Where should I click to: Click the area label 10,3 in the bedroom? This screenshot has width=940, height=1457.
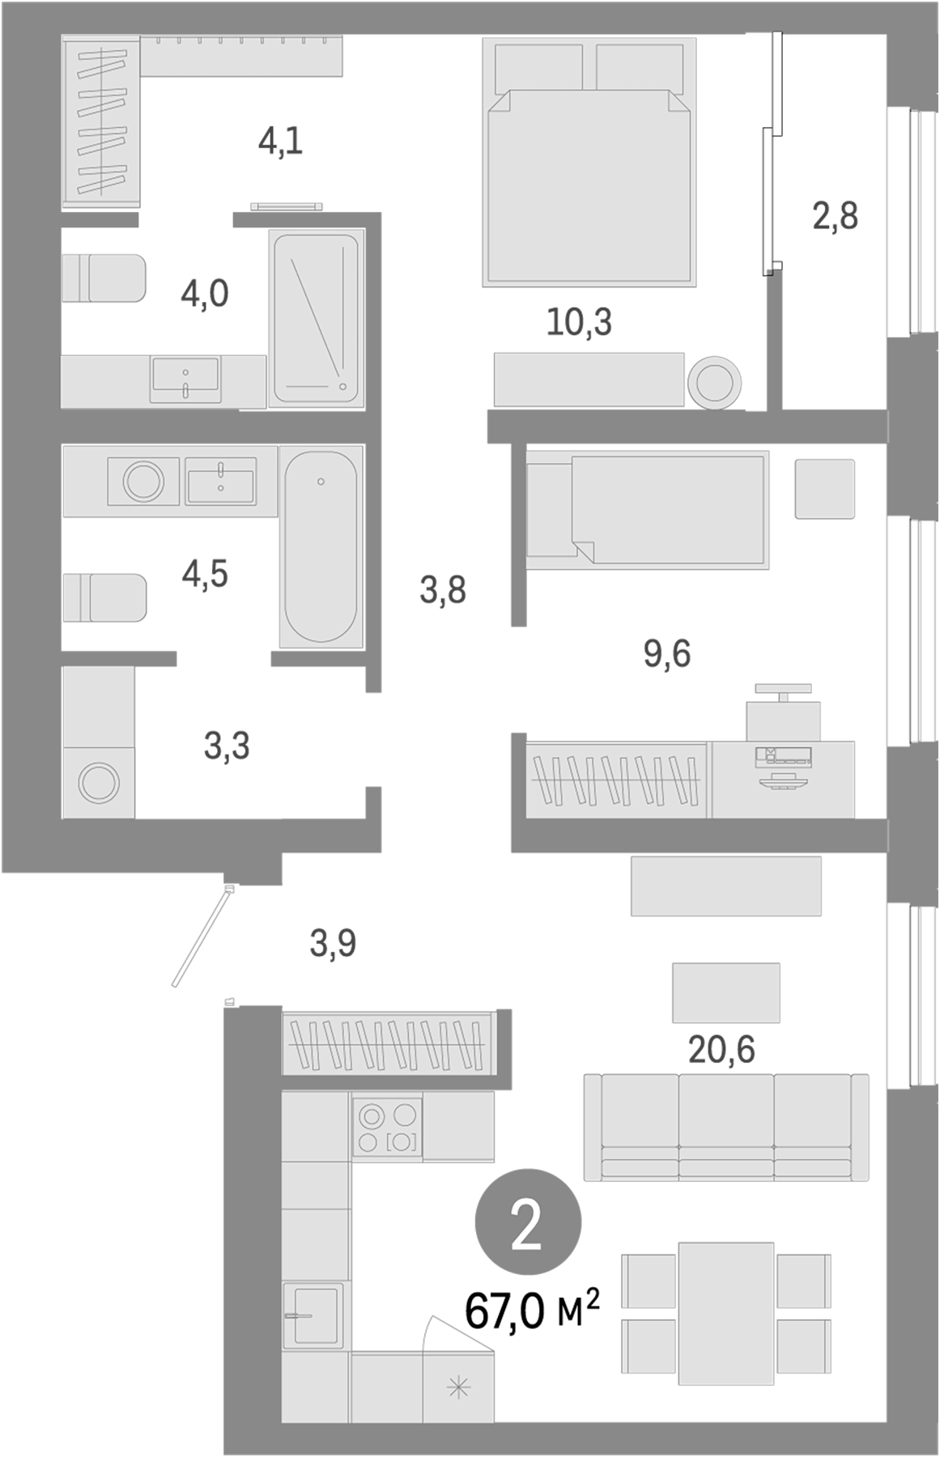579,323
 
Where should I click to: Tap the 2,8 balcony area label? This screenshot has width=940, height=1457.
835,217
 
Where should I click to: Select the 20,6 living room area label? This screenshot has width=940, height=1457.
721,1050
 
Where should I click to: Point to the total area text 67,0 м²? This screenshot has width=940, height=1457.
532,1310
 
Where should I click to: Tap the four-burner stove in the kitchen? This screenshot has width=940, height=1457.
387,1126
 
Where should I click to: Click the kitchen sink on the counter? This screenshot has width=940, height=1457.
313,1315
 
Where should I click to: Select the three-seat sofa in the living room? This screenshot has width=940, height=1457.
725,1127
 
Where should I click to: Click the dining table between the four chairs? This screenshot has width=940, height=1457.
725,1313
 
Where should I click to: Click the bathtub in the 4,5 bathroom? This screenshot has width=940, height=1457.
321,547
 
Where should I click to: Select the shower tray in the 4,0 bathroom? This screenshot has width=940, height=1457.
317,317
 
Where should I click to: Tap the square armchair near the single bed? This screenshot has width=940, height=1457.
824,489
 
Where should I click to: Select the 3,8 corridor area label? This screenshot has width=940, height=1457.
442,591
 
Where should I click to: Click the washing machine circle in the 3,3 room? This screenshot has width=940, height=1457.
99,783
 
